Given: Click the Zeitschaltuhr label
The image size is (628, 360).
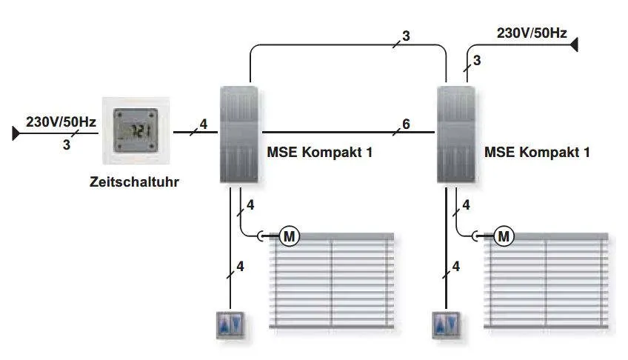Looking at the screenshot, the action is [134, 181].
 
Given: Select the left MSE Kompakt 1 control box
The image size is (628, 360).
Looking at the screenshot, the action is [238, 135].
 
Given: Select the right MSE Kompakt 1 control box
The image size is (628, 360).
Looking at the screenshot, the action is [455, 135].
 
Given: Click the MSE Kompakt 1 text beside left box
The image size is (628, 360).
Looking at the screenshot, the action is [320, 152].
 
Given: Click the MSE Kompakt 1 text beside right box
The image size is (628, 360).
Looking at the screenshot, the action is [537, 152].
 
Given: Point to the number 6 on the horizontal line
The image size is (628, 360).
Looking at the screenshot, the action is [406, 124].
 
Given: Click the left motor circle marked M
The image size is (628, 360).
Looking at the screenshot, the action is [289, 236].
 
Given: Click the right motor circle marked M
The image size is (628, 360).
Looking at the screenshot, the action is [504, 236].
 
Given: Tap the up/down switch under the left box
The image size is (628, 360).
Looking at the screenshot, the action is [230, 324].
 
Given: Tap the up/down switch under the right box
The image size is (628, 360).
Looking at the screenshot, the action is [446, 324].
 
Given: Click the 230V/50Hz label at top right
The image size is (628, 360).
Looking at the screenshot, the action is [532, 33].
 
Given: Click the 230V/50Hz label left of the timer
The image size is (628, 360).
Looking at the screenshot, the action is [61, 121].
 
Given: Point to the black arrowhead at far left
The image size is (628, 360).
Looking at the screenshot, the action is [16, 133].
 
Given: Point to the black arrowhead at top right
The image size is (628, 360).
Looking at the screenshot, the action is [574, 44].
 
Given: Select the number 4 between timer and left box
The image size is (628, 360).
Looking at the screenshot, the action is [204, 124].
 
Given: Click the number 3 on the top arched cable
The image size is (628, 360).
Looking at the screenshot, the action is [406, 36].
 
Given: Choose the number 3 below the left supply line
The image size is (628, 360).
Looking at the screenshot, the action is [67, 144].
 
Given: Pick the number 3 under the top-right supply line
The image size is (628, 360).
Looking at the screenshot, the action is [477, 61].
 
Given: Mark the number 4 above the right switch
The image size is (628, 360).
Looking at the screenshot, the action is [456, 266].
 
